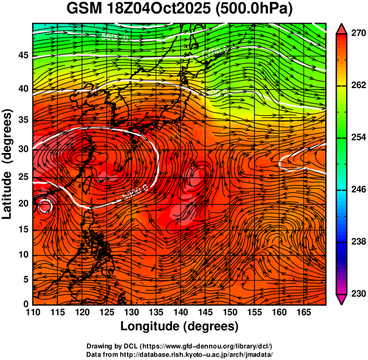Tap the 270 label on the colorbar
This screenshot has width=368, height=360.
(x=358, y=34)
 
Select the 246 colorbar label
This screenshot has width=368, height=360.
(x=358, y=190)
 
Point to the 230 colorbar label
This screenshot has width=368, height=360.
(x=358, y=294)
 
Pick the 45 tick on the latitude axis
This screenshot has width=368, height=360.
(x=23, y=55)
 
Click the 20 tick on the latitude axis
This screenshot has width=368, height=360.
(x=23, y=204)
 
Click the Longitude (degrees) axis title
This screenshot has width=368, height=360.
(x=180, y=327)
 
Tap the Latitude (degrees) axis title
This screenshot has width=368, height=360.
(x=8, y=164)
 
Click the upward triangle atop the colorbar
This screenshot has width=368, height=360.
(x=342, y=28)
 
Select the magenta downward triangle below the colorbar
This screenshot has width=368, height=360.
(x=342, y=299)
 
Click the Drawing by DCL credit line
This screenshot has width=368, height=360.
(x=180, y=346)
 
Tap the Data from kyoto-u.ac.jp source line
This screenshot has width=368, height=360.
(x=180, y=354)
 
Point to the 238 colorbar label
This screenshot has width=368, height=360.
(x=358, y=242)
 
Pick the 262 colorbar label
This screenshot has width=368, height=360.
(x=358, y=86)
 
